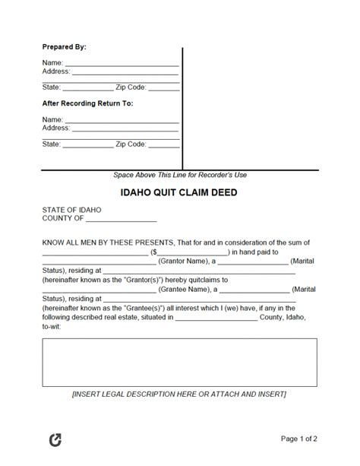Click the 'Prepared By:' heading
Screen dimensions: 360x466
pyautogui.click(x=64, y=47)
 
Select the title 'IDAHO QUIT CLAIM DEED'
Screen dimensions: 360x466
pyautogui.click(x=179, y=192)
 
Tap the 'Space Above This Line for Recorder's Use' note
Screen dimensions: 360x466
pyautogui.click(x=179, y=174)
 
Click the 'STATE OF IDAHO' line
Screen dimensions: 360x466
pyautogui.click(x=71, y=209)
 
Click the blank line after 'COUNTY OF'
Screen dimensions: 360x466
pyautogui.click(x=121, y=219)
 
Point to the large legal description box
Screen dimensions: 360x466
pyautogui.click(x=179, y=365)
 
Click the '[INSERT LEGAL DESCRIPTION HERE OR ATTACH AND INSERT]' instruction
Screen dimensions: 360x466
pyautogui.click(x=179, y=416)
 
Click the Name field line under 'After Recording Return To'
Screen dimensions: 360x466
pyautogui.click(x=122, y=121)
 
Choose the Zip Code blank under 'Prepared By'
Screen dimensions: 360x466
pyautogui.click(x=164, y=88)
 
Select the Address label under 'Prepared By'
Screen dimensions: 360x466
pyautogui.click(x=56, y=71)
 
